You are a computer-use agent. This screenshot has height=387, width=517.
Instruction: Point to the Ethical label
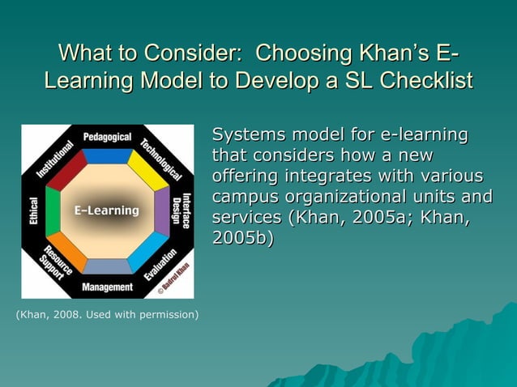click(33, 212)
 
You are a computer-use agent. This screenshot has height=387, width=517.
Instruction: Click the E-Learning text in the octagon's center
click(107, 211)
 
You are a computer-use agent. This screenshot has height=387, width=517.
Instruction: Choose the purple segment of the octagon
click(161, 211)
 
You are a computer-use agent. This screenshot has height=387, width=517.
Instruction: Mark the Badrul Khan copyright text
click(177, 276)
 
